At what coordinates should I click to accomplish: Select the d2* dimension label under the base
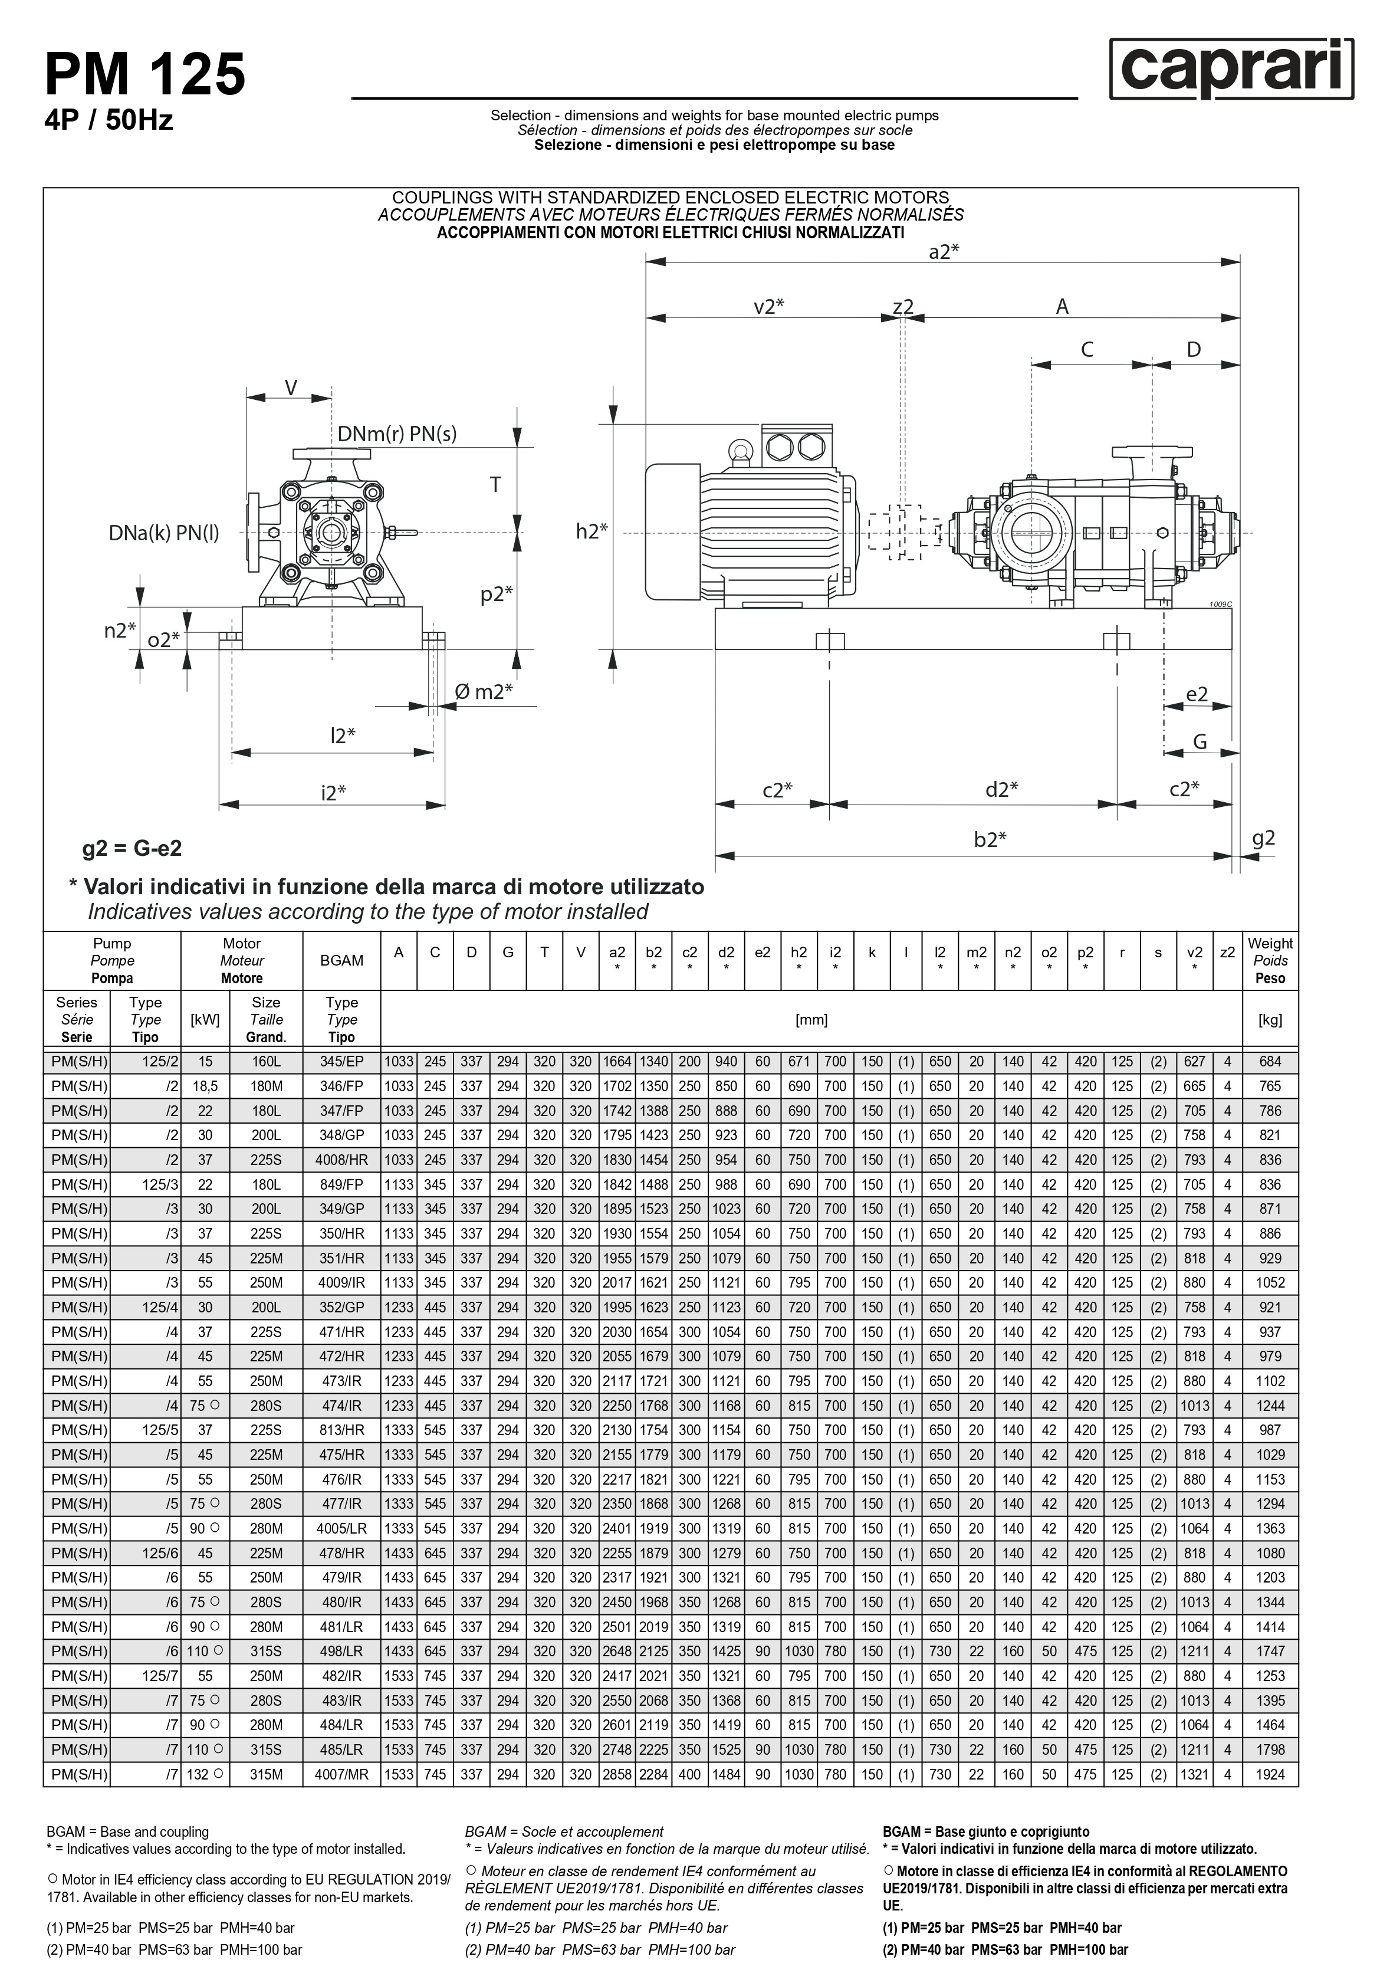[x=1001, y=789]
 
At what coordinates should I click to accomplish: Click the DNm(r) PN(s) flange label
[x=396, y=434]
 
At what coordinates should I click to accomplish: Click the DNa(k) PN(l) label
[x=163, y=534]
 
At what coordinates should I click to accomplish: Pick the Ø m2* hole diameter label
[x=483, y=691]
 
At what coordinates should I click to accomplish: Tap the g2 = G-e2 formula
[x=132, y=848]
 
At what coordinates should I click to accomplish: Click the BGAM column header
[x=341, y=960]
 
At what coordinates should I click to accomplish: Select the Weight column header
[x=1270, y=960]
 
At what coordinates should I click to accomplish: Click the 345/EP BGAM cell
[x=341, y=1061]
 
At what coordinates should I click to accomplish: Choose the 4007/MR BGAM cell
[x=341, y=1774]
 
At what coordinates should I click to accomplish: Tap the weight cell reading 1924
[x=1270, y=1774]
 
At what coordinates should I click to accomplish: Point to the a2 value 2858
[x=617, y=1774]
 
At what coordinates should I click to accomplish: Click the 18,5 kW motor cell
[x=205, y=1086]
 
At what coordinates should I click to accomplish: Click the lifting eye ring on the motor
[x=738, y=450]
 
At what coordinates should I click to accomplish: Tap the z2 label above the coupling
[x=903, y=306]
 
